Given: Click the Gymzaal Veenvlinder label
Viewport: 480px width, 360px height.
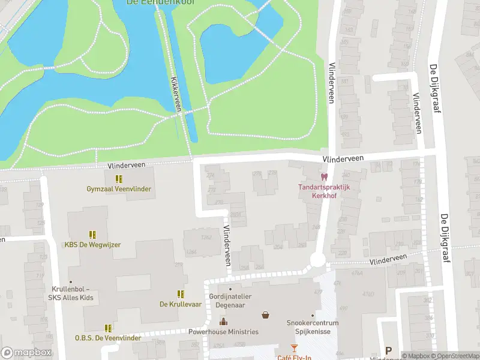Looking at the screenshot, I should tap(119, 189).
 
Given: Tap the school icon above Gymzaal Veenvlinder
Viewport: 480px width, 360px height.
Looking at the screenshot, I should tap(119, 179).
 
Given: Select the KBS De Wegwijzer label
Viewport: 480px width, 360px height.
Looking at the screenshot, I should tap(92, 245).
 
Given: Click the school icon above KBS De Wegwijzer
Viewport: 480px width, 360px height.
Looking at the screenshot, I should tap(92, 235).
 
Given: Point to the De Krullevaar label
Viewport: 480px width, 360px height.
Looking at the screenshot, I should tap(180, 304).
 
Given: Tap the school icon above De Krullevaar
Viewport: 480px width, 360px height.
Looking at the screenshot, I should tap(180, 294).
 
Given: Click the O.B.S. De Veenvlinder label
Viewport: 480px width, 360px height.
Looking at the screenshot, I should tap(108, 338).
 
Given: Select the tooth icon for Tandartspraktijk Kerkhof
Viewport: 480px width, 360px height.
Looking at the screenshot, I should tap(324, 177).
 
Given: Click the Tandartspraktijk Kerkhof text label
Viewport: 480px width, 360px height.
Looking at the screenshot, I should tap(324, 190).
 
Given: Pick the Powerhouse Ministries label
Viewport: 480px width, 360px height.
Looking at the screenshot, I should tap(223, 332).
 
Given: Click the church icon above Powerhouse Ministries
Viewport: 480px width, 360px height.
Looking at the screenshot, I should tap(223, 322).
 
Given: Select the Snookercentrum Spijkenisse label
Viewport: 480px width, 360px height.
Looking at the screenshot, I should tap(313, 326).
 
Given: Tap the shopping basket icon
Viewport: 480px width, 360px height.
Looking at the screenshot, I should tap(265, 315).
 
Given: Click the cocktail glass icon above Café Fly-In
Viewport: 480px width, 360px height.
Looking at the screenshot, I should tap(294, 348).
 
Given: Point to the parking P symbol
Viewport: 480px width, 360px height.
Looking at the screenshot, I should tap(388, 351).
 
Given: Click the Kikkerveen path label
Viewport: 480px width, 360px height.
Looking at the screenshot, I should tap(175, 94).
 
